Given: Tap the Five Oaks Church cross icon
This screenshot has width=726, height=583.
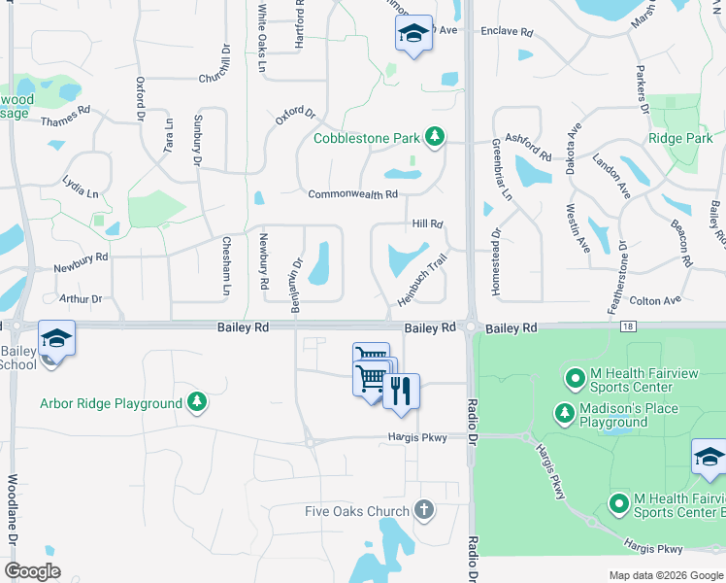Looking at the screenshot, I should (423, 508).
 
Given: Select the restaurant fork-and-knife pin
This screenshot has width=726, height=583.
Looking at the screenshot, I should (401, 392).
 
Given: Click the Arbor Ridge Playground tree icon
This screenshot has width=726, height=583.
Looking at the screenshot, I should (197, 401).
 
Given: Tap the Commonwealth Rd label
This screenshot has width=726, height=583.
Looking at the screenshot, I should (353, 194).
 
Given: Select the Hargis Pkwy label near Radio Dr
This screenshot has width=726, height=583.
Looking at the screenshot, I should (418, 437).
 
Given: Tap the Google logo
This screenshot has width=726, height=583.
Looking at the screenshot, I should (32, 571).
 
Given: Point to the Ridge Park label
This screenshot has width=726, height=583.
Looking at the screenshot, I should (680, 139).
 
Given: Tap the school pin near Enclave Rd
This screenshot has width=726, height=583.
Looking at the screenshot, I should (413, 35).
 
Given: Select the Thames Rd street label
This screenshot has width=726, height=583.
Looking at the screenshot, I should (64, 121).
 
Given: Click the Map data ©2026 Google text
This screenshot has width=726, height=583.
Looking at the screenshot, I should (665, 575).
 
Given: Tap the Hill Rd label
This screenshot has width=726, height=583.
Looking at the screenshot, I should (427, 223).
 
